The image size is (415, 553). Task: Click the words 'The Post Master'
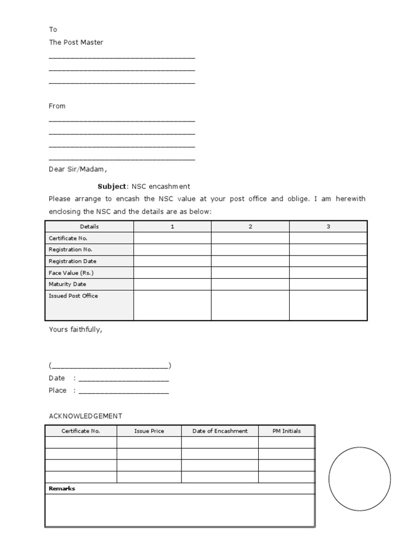(x=76, y=42)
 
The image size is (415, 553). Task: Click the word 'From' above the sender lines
(x=57, y=106)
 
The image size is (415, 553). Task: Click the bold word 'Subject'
(x=111, y=186)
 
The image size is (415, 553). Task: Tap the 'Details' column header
(x=89, y=227)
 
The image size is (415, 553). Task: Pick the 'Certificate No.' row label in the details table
(x=68, y=238)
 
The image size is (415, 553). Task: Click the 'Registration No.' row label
(x=70, y=249)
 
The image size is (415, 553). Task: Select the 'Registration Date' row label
(x=72, y=261)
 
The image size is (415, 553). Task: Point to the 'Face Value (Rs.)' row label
(x=71, y=273)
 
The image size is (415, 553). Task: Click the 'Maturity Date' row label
(x=67, y=284)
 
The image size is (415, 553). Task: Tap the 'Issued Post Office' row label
(x=73, y=296)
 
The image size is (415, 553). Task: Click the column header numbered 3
(x=328, y=227)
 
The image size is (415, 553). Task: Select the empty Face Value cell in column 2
(x=250, y=273)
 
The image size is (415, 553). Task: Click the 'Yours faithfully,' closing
(x=75, y=329)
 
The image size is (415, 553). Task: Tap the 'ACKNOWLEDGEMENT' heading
(x=85, y=416)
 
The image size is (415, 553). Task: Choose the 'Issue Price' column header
(x=149, y=431)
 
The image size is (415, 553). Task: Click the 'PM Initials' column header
(x=286, y=431)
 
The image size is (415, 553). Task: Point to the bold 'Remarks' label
(x=62, y=489)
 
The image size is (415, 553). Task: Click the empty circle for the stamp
(x=359, y=478)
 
